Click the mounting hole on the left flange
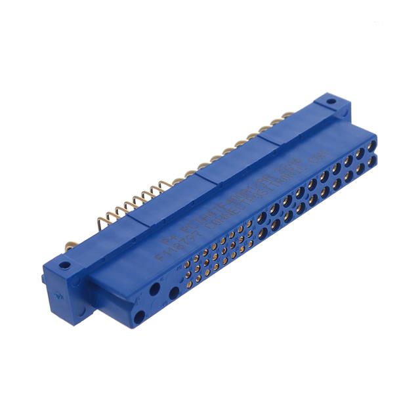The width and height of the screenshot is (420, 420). (64, 266)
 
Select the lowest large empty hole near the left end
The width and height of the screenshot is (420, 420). (139, 318)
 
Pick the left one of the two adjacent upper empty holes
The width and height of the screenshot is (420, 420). (155, 289)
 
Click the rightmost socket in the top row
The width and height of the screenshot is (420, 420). (371, 140)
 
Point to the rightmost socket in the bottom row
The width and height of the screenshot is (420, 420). (371, 159)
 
